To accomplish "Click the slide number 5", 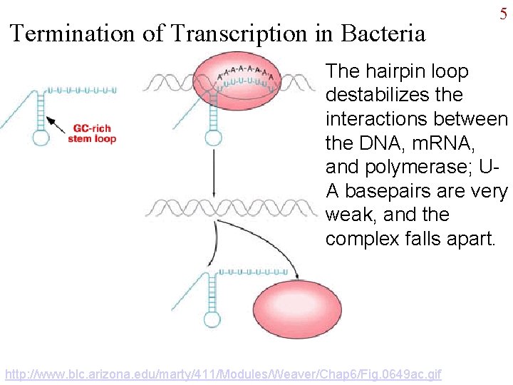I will click(503, 15).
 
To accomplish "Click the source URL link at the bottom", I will click(223, 374).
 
